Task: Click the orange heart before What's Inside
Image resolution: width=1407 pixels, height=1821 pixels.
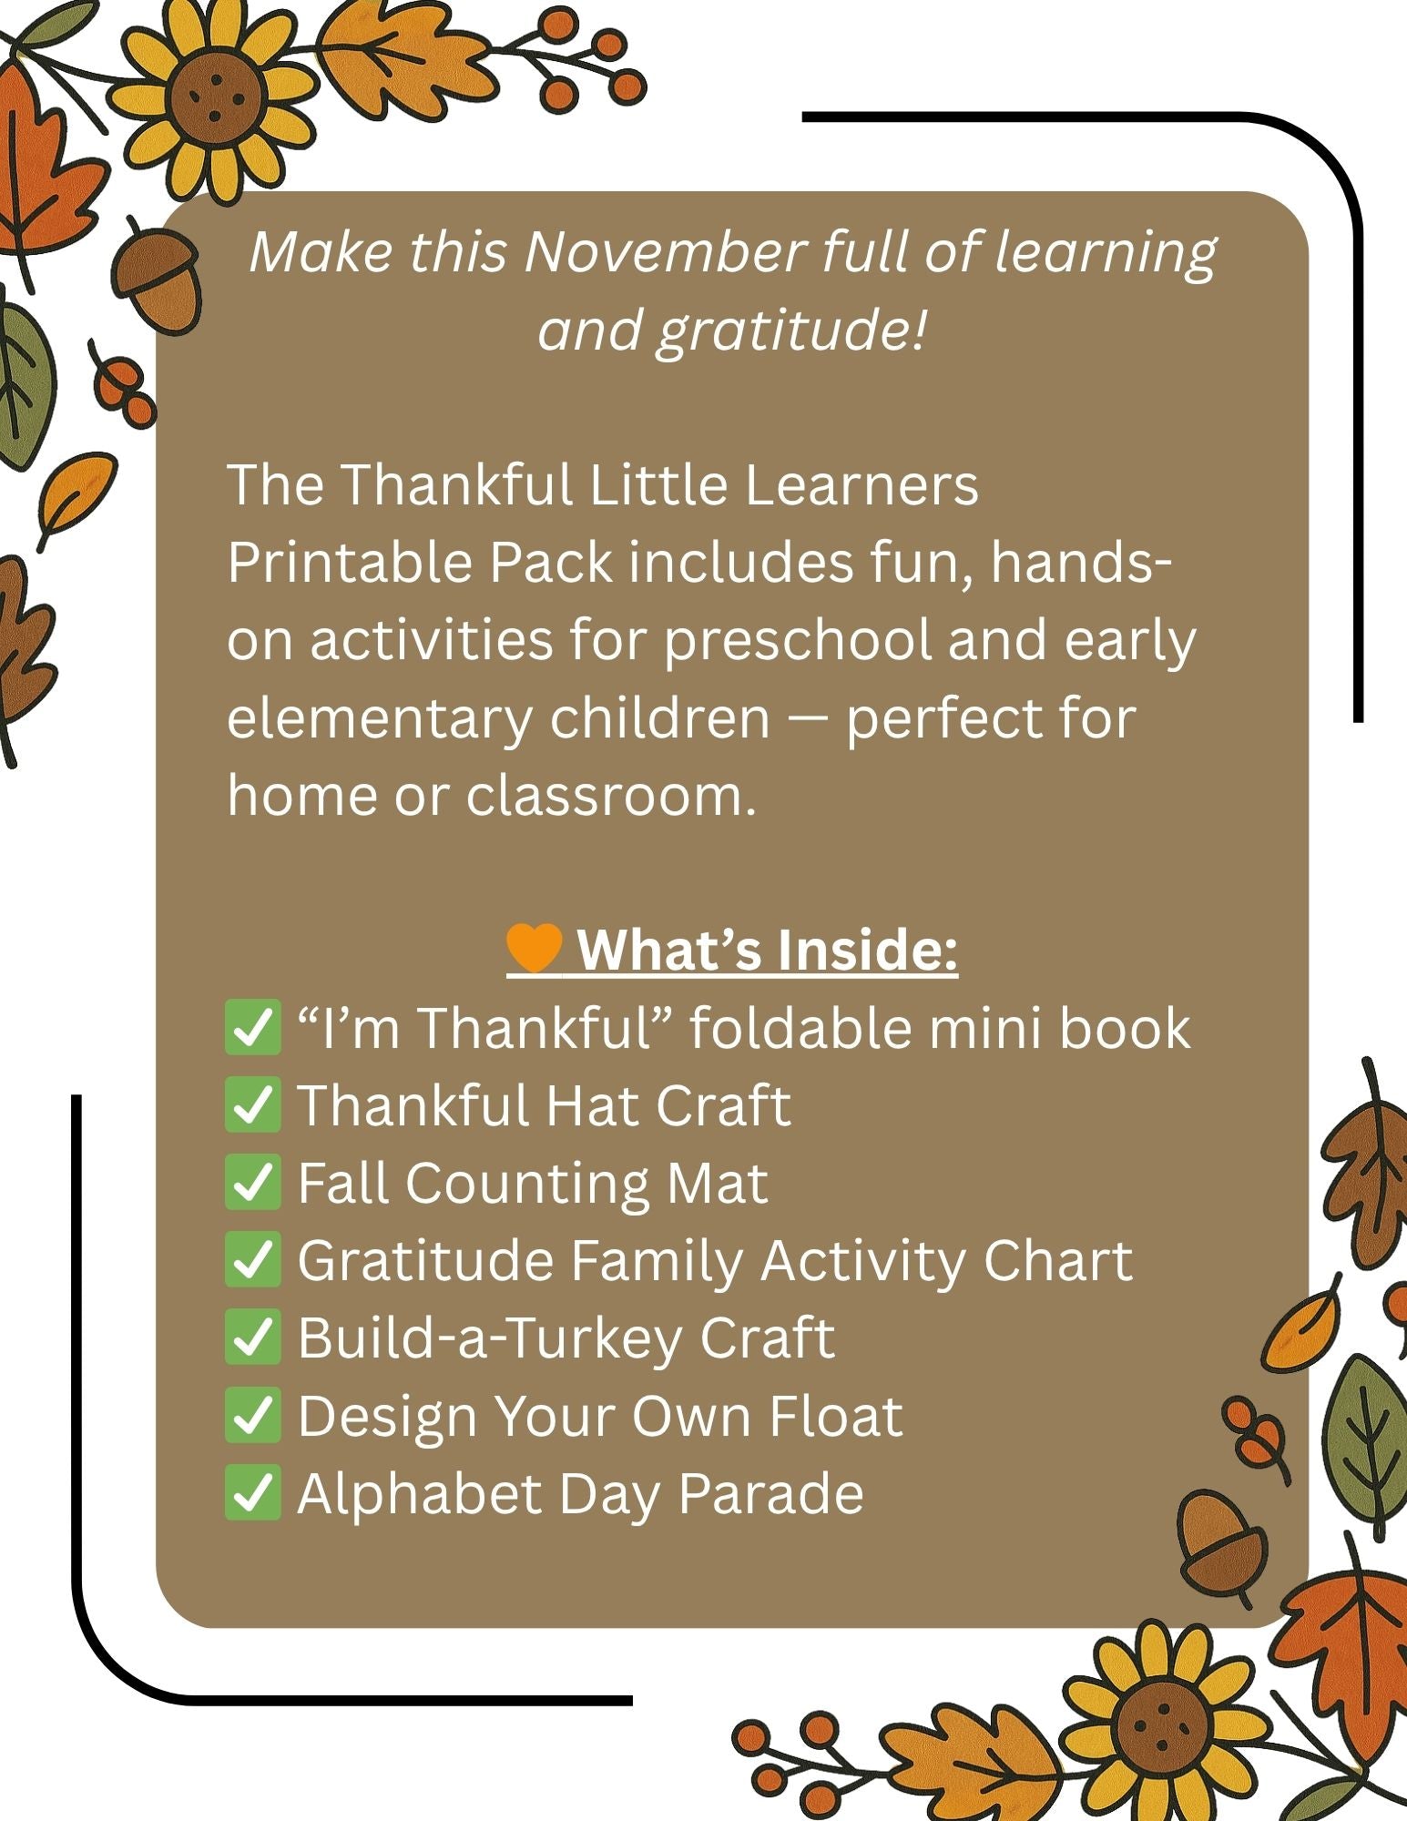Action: coord(535,948)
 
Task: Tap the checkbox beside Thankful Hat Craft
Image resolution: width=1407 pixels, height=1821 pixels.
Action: coord(252,1105)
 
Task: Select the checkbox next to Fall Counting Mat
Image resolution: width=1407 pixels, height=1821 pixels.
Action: coord(252,1183)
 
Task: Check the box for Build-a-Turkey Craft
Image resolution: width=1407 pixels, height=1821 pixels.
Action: coord(252,1338)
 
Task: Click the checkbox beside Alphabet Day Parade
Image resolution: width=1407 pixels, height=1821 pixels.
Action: coord(252,1493)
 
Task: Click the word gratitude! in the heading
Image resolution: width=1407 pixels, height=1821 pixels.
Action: coord(790,330)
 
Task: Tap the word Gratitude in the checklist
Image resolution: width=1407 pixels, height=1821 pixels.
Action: coord(425,1261)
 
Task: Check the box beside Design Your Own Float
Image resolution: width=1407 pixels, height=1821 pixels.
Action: coord(252,1416)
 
